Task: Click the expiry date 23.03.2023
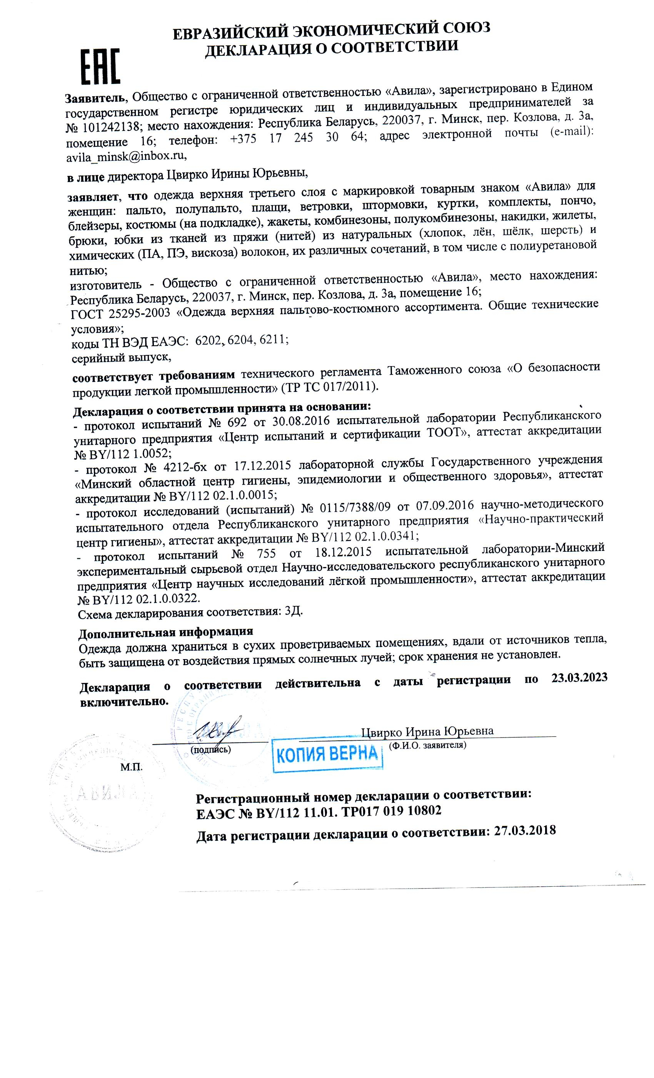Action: [x=579, y=677]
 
